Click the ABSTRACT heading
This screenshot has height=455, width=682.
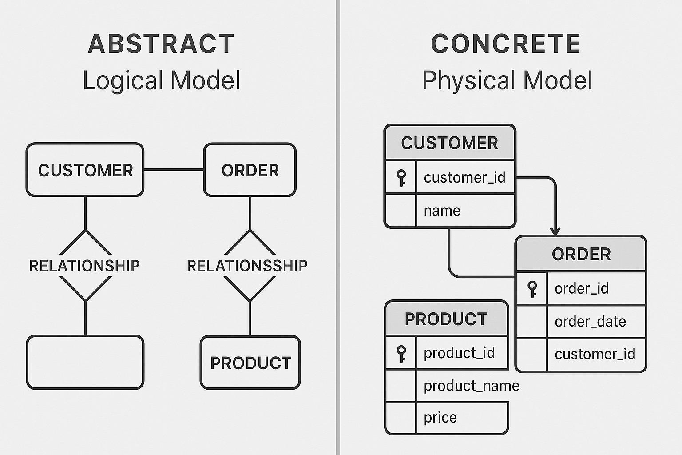tap(161, 44)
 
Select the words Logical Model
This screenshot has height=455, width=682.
tap(162, 80)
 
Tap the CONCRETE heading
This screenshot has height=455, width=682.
tap(506, 44)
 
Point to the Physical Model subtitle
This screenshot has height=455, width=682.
tap(507, 80)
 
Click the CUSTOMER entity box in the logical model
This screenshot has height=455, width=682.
tap(85, 170)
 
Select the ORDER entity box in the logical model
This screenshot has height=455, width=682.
tap(250, 170)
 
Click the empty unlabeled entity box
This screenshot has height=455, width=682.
tap(85, 363)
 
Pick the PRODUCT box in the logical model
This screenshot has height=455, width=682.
tap(250, 363)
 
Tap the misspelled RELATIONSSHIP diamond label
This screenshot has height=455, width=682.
tap(247, 266)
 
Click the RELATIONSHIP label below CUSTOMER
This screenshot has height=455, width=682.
tap(84, 266)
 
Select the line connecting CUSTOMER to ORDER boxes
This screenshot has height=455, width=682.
tap(174, 170)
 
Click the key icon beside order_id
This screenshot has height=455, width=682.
tap(532, 289)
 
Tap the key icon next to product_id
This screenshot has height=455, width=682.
tap(401, 354)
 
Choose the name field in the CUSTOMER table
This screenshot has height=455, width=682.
tap(442, 210)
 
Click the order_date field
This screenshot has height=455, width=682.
tap(590, 321)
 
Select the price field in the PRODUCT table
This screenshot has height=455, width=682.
tap(440, 418)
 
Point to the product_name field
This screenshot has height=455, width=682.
tap(471, 386)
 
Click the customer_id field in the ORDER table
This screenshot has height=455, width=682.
tap(595, 354)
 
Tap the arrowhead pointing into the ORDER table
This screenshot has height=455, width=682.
tap(555, 231)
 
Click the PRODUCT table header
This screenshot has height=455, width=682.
tap(446, 319)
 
